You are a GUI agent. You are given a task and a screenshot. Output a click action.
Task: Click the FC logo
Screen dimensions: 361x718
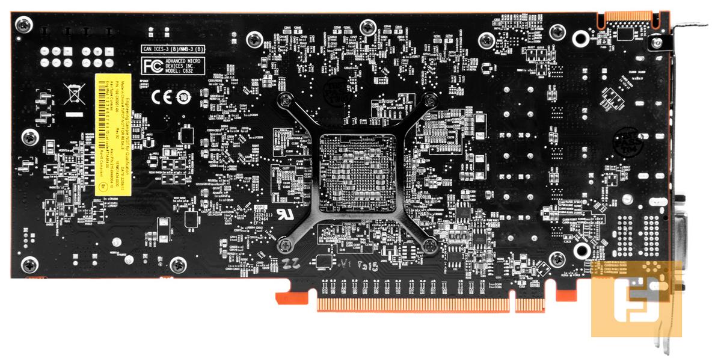point(150,65)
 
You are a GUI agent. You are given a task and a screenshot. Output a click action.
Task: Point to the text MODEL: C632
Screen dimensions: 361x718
point(183,70)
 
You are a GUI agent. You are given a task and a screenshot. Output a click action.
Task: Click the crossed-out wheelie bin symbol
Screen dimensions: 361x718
point(73,94)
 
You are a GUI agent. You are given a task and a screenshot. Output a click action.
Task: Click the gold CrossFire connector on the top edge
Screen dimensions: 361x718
point(625,17)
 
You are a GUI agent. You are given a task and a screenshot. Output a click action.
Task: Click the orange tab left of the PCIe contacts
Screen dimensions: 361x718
point(283,297)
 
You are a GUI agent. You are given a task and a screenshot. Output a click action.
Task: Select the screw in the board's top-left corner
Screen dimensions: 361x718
point(25,25)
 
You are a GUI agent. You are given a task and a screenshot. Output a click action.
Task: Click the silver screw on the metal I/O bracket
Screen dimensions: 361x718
point(657,43)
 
